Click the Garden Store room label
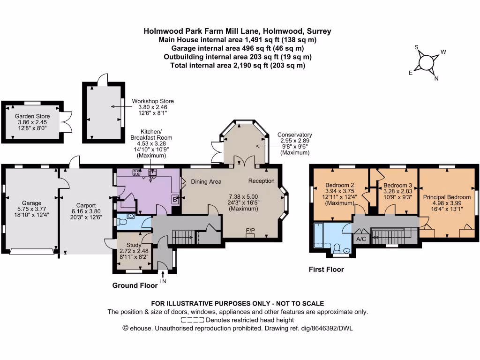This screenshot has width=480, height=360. tap(32, 116)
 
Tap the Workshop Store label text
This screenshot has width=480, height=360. tap(153, 101)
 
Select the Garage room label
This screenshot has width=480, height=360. tap(31, 203)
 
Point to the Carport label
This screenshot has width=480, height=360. tap(86, 205)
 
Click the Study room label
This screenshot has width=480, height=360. tap(134, 245)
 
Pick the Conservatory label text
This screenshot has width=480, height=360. tap(295, 135)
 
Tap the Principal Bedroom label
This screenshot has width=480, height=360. tap(447, 197)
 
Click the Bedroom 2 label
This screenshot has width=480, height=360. tap(339, 185)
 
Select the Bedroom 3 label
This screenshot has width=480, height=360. tap(397, 186)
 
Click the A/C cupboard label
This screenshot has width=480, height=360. tap(361, 239)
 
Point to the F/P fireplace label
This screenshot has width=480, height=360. tap(250, 231)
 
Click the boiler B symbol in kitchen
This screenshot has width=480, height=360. tap(175, 200)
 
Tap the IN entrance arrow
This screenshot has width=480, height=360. tap(163, 274)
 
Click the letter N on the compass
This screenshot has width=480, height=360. tap(436, 78)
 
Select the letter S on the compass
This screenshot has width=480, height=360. tap(416, 47)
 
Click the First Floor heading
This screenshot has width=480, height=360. tap(326, 270)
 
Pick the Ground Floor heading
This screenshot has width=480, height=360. tap(135, 285)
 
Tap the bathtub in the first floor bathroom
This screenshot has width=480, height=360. tap(318, 235)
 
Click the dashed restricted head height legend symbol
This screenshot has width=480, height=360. tap(193, 320)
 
